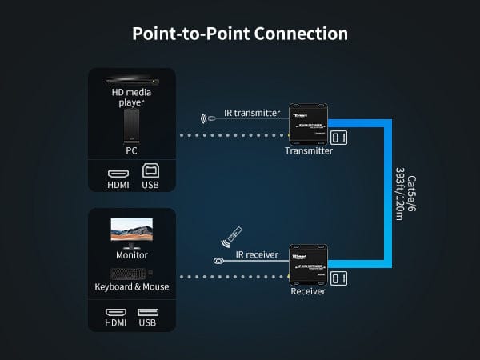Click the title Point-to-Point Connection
239,34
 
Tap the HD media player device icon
131,81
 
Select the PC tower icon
131,125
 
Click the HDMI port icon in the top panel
118,171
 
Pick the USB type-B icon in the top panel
150,170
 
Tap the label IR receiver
257,255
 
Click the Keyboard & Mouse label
132,286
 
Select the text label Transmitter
309,150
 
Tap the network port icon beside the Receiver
340,278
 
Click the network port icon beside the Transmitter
340,138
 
